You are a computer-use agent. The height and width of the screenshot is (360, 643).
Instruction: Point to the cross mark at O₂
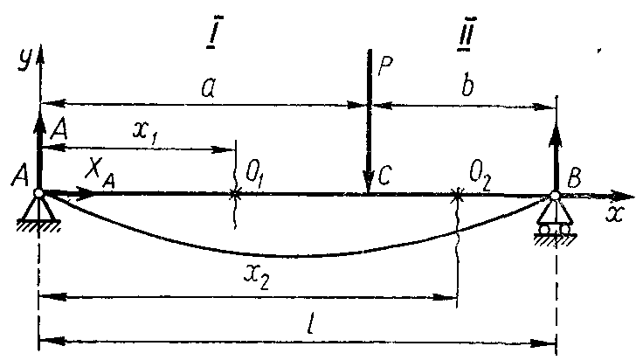[456, 194]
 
